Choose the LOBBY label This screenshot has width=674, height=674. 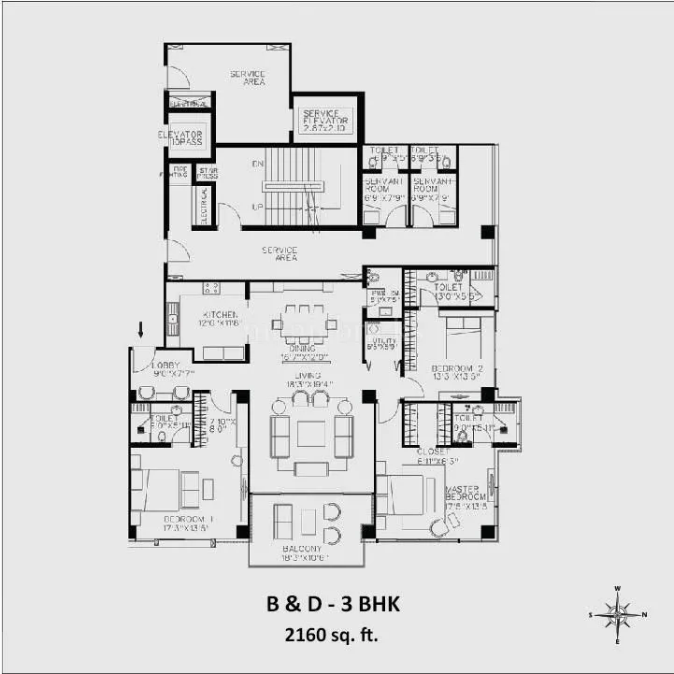point(165,365)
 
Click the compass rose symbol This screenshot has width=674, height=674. point(618,615)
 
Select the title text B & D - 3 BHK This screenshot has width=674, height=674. point(332,605)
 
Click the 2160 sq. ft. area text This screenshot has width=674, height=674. point(332,636)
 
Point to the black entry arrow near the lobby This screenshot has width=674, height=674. point(141,329)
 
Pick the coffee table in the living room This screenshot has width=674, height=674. point(311,435)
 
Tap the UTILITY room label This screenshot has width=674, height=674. point(383,344)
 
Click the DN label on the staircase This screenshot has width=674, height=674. point(257,165)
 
